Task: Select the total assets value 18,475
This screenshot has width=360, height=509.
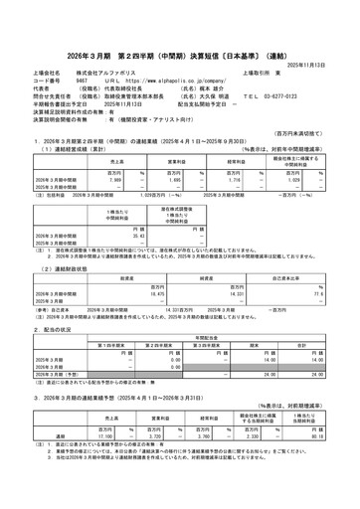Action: pos(148,281)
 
